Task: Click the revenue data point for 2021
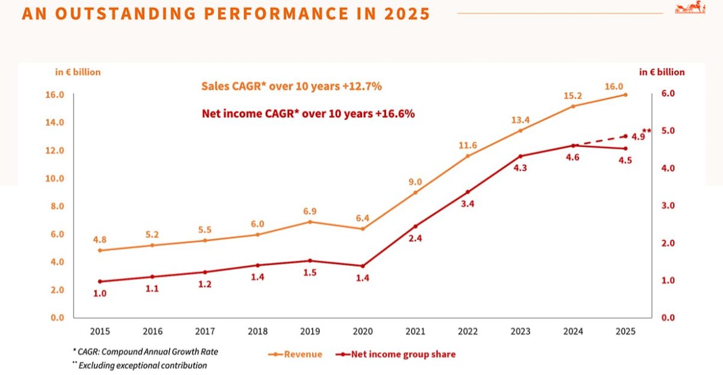[415, 192]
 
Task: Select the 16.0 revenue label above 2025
[614, 86]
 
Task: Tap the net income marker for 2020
[363, 266]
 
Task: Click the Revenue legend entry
[295, 355]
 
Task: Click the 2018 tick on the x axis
[257, 332]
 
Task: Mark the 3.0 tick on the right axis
[668, 206]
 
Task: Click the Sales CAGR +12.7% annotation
[292, 86]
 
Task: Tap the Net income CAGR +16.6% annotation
[307, 113]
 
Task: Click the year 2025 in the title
[406, 13]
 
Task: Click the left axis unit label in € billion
[78, 72]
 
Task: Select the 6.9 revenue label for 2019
[310, 212]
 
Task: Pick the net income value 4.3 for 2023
[520, 168]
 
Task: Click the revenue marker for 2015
[99, 250]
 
